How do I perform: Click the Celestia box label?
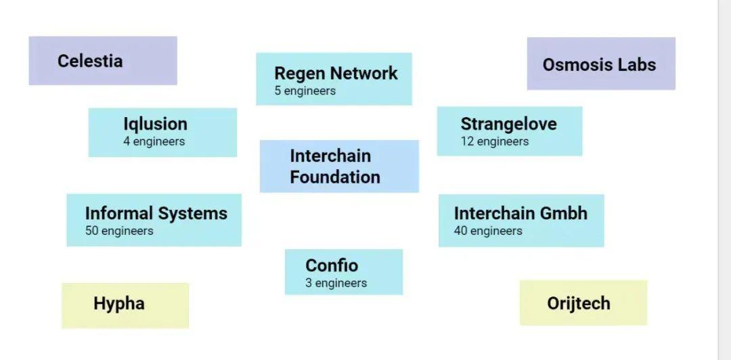tap(90, 61)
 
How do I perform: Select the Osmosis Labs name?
tap(599, 65)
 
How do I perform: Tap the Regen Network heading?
tap(336, 74)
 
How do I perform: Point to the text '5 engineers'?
tap(305, 91)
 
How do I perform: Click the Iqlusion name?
tap(155, 124)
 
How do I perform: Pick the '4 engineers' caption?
tap(154, 141)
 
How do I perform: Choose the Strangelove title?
tap(508, 124)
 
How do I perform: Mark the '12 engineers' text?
tap(495, 141)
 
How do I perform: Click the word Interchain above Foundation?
tap(330, 156)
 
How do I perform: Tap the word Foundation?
tap(335, 177)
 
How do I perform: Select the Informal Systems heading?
tap(156, 213)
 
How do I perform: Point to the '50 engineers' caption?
tap(119, 231)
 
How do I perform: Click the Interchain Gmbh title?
tap(520, 213)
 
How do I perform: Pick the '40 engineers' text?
tap(488, 231)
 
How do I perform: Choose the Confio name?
tap(332, 265)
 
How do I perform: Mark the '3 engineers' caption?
tap(336, 283)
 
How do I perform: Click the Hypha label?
tap(119, 303)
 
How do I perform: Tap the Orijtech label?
tap(579, 303)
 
